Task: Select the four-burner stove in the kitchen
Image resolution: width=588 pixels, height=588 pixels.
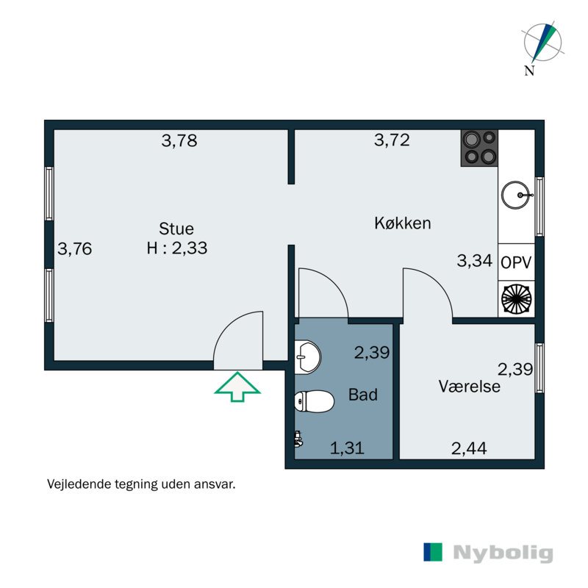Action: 479,148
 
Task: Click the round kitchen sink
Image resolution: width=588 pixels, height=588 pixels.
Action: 517,196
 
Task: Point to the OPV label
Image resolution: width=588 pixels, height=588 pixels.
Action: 516,262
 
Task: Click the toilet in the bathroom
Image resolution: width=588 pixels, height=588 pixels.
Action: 309,401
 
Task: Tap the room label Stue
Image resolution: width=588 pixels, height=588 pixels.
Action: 176,228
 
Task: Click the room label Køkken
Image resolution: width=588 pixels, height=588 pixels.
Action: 402,223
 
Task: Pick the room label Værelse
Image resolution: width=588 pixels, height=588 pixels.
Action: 470,386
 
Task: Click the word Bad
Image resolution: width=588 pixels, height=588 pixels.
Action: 363,395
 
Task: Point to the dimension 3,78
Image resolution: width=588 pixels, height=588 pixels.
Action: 179,141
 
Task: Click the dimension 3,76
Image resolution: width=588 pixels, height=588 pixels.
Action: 75,249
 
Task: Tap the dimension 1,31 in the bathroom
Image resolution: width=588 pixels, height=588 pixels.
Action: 347,447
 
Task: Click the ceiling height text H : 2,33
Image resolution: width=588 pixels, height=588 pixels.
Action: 176,248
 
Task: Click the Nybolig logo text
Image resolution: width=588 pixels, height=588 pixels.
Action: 503,553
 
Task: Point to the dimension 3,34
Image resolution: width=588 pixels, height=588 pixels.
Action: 474,260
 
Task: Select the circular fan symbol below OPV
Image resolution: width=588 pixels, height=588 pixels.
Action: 516,299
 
